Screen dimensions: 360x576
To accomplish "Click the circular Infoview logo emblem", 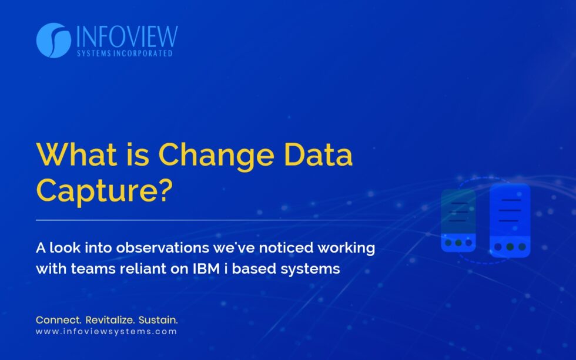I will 53,41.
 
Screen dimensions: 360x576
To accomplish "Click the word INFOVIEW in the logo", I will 126,36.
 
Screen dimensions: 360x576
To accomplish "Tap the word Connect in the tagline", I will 58,320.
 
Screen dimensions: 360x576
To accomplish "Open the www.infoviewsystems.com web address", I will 106,332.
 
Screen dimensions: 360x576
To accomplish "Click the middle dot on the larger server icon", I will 510,247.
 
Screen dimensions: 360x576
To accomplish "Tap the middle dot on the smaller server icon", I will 458,243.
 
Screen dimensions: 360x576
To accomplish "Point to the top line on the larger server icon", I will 510,200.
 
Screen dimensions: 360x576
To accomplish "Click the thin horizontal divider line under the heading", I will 212,220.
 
